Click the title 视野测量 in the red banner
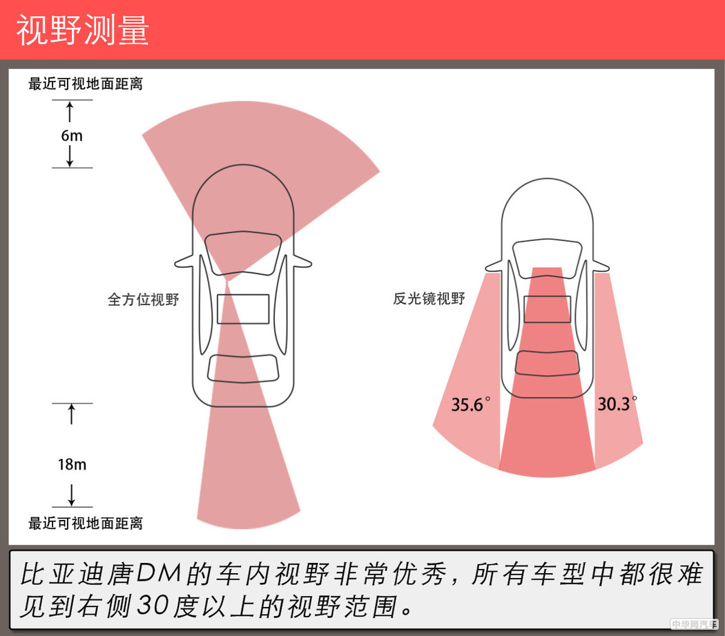83,30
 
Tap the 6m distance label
71,136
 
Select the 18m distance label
72,465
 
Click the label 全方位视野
143,300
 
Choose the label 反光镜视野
429,299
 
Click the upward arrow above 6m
70,112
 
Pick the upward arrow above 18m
71,415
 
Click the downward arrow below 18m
71,494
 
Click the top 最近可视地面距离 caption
86,84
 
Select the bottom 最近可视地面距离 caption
86,523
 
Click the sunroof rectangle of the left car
243,309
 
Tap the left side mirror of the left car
184,262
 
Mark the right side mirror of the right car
603,265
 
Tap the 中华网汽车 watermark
694,624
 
